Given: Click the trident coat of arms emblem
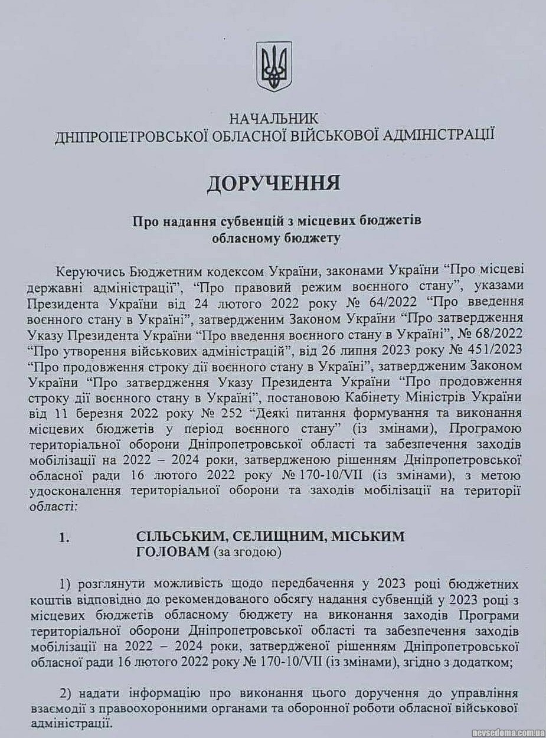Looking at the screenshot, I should point(274,66).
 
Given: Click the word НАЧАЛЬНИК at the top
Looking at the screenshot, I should point(273,119).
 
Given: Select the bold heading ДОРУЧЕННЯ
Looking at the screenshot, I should point(273,183).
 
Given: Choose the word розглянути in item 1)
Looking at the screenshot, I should point(112,585).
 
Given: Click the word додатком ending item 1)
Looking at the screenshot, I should point(483,663).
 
